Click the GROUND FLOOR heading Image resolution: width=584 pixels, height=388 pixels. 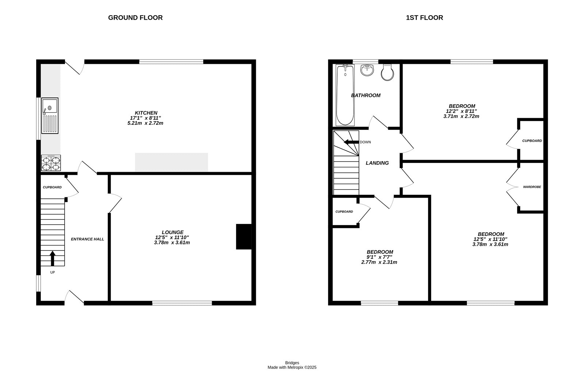pos(135,18)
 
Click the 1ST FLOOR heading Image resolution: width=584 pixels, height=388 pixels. pos(424,18)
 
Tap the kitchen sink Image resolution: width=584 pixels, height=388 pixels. pos(50,116)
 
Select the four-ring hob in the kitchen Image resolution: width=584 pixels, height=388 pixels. pos(51,163)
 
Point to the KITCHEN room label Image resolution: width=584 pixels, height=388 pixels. pos(146,113)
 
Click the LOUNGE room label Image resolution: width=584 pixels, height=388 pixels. pos(172,232)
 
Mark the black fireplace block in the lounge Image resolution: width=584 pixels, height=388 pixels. pos(243,237)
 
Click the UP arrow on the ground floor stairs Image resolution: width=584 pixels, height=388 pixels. pos(52,258)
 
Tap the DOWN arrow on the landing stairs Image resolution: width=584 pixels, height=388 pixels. pos(351,142)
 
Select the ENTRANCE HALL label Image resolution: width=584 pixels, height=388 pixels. pos(87,239)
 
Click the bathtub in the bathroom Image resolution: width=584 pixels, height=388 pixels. pos(345,95)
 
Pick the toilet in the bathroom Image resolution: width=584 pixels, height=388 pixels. pos(387,73)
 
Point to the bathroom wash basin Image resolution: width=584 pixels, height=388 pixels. pos(367,70)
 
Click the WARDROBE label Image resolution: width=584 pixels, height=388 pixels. pos(532,187)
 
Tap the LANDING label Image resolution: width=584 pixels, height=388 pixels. pos(377,163)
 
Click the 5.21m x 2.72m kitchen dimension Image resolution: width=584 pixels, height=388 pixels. pos(143,123)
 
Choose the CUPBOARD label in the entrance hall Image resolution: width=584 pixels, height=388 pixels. pos(52,187)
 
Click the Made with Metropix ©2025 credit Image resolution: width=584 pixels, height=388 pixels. pos(292,368)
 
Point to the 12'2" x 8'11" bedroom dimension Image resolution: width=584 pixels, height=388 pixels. pos(461,111)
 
